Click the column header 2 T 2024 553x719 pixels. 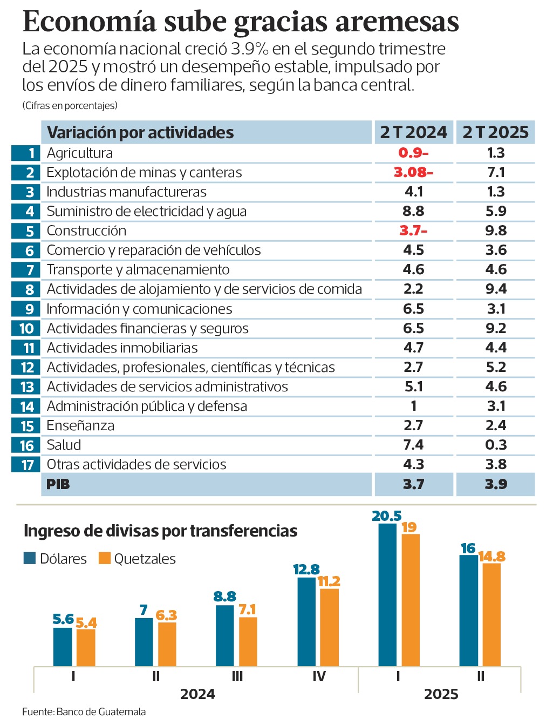413,132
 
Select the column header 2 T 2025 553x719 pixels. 495,132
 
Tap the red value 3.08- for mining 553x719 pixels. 413,172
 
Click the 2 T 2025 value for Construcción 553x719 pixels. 495,230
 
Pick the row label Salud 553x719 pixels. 64,445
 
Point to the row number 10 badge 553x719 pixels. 26,328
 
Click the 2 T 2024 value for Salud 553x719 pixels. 413,445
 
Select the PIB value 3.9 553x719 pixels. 495,484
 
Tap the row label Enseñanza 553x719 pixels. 80,425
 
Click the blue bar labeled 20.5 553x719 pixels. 387,594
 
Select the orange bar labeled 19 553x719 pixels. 411,599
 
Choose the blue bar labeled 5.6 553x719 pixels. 63,646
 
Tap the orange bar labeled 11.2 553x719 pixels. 329,626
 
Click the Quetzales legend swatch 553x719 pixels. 105,558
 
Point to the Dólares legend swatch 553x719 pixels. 30,558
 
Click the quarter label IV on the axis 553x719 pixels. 319,676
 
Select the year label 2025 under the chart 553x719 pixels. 441,694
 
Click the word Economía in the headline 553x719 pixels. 90,22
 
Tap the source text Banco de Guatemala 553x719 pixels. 101,711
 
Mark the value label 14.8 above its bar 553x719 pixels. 492,557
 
